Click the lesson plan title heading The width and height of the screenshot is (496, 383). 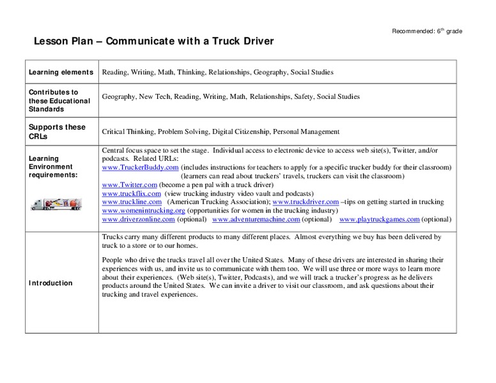153,41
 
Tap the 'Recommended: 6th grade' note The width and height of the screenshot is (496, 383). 427,31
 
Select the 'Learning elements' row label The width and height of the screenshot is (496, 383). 61,73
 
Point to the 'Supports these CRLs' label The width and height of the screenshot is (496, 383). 57,131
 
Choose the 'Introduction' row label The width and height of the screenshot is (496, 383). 50,283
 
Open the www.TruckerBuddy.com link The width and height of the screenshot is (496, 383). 140,167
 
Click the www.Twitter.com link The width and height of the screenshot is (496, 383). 130,184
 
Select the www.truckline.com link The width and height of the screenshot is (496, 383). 132,202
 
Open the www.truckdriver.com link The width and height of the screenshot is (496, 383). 306,202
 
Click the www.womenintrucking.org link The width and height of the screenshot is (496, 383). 143,211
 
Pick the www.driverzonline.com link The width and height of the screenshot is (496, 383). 138,220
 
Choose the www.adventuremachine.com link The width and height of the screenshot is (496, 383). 256,220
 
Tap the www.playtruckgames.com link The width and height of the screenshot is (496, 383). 380,220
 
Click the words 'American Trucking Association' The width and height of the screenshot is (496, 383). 219,202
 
